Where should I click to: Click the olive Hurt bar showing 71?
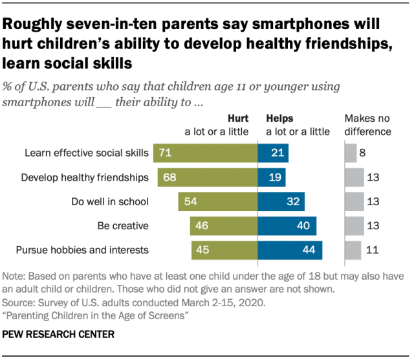tap(205, 153)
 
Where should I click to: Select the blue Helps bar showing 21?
tap(273, 153)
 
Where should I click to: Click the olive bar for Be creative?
tap(224, 226)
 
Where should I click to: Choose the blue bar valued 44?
tap(290, 250)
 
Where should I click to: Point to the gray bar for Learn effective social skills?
tap(351, 153)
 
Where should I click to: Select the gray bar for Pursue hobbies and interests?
tap(353, 250)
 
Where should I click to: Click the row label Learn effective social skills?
tap(87, 153)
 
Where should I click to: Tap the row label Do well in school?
tap(110, 201)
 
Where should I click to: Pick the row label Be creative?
tap(123, 226)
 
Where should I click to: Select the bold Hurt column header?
tap(237, 119)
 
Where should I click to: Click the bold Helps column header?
tap(280, 119)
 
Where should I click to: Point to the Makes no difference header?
tap(367, 126)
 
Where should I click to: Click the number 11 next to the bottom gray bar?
tap(373, 250)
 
